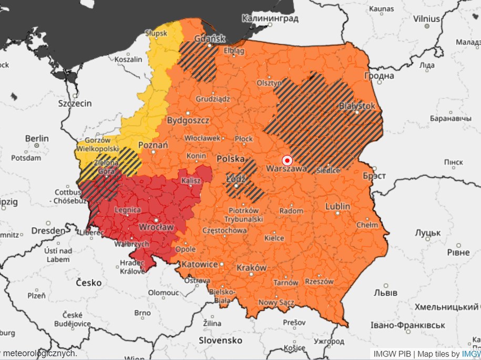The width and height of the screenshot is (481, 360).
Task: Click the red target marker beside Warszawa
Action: click(287, 160)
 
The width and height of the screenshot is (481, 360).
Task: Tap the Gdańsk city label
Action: click(210, 38)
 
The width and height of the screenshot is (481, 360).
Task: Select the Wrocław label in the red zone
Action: click(156, 227)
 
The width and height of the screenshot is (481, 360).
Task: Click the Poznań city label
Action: click(153, 145)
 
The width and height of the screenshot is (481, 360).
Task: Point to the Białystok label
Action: click(357, 106)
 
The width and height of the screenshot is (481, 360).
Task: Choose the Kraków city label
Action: click(251, 268)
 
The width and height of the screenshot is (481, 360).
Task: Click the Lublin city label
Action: click(337, 206)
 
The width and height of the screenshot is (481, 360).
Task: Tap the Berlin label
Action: click(37, 139)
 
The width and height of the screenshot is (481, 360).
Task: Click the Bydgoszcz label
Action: click(188, 120)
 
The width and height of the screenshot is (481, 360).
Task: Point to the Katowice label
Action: click(200, 264)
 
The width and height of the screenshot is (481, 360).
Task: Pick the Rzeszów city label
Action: click(319, 281)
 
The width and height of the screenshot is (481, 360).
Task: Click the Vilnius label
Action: click(426, 19)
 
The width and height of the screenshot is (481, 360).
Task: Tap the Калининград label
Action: click(270, 18)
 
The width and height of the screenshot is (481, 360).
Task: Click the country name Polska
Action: click(231, 158)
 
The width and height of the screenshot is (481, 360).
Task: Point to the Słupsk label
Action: click(157, 33)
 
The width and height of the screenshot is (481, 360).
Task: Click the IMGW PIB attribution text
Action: click(392, 354)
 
